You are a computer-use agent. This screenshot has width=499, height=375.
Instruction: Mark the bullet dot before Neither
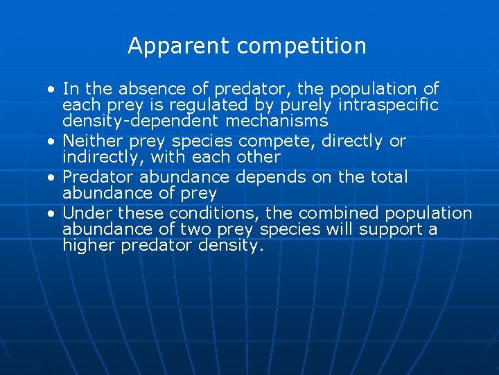point(52,142)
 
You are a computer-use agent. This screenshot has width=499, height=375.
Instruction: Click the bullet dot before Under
point(52,213)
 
